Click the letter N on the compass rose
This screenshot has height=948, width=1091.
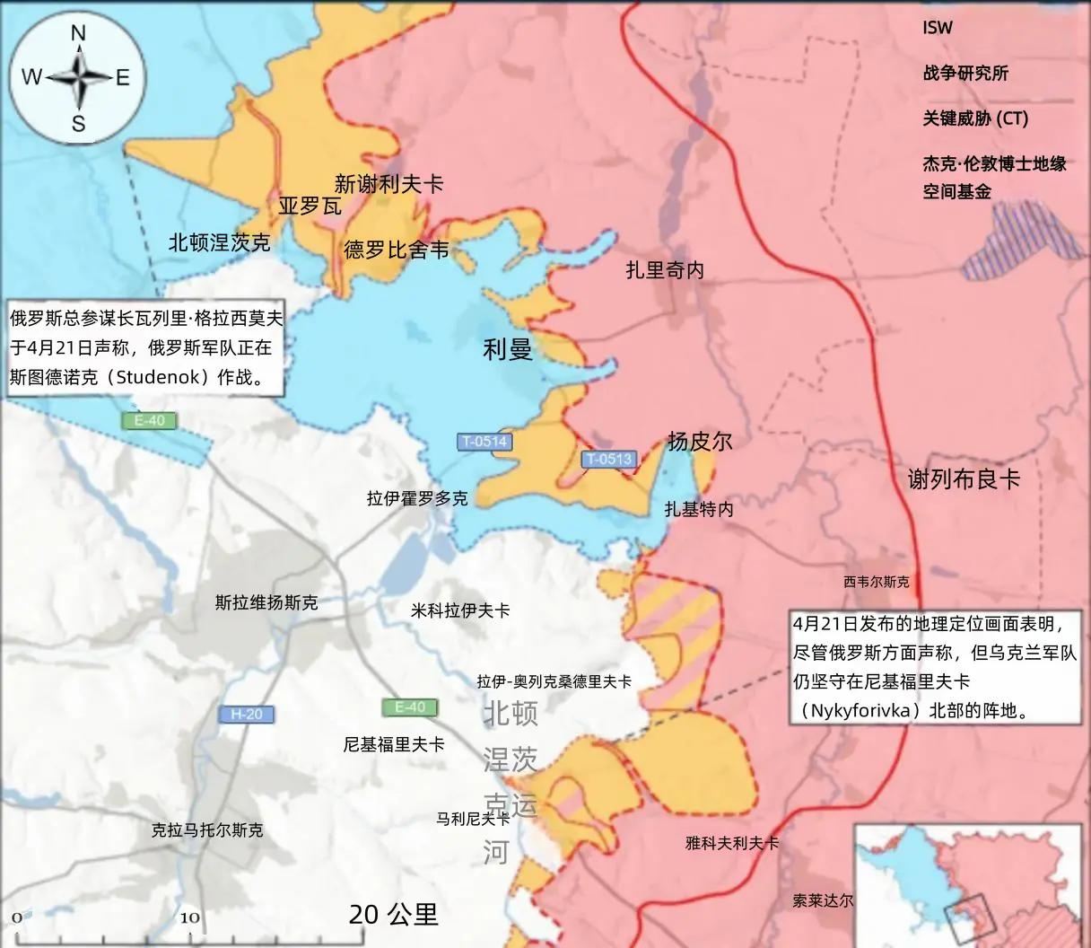pyautogui.click(x=78, y=33)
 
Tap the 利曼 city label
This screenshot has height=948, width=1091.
pyautogui.click(x=508, y=349)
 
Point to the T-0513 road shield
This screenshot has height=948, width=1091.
pyautogui.click(x=608, y=459)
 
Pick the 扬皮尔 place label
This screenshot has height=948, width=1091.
pyautogui.click(x=699, y=441)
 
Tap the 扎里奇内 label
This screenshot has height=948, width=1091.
pyautogui.click(x=665, y=269)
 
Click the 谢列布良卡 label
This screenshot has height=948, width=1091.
pyautogui.click(x=964, y=479)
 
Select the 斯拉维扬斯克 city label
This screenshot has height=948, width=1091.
pyautogui.click(x=266, y=601)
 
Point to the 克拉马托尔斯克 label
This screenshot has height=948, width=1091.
pyautogui.click(x=207, y=830)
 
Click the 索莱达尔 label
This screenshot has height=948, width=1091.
pyautogui.click(x=823, y=900)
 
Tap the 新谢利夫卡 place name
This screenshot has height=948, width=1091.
pyautogui.click(x=388, y=184)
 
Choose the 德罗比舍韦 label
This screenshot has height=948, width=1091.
pyautogui.click(x=396, y=250)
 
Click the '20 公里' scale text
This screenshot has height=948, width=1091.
pyautogui.click(x=394, y=914)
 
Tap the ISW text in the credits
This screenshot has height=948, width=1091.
pyautogui.click(x=938, y=28)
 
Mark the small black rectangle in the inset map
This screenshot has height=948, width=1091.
pyautogui.click(x=968, y=915)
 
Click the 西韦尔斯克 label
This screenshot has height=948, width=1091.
pyautogui.click(x=876, y=582)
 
